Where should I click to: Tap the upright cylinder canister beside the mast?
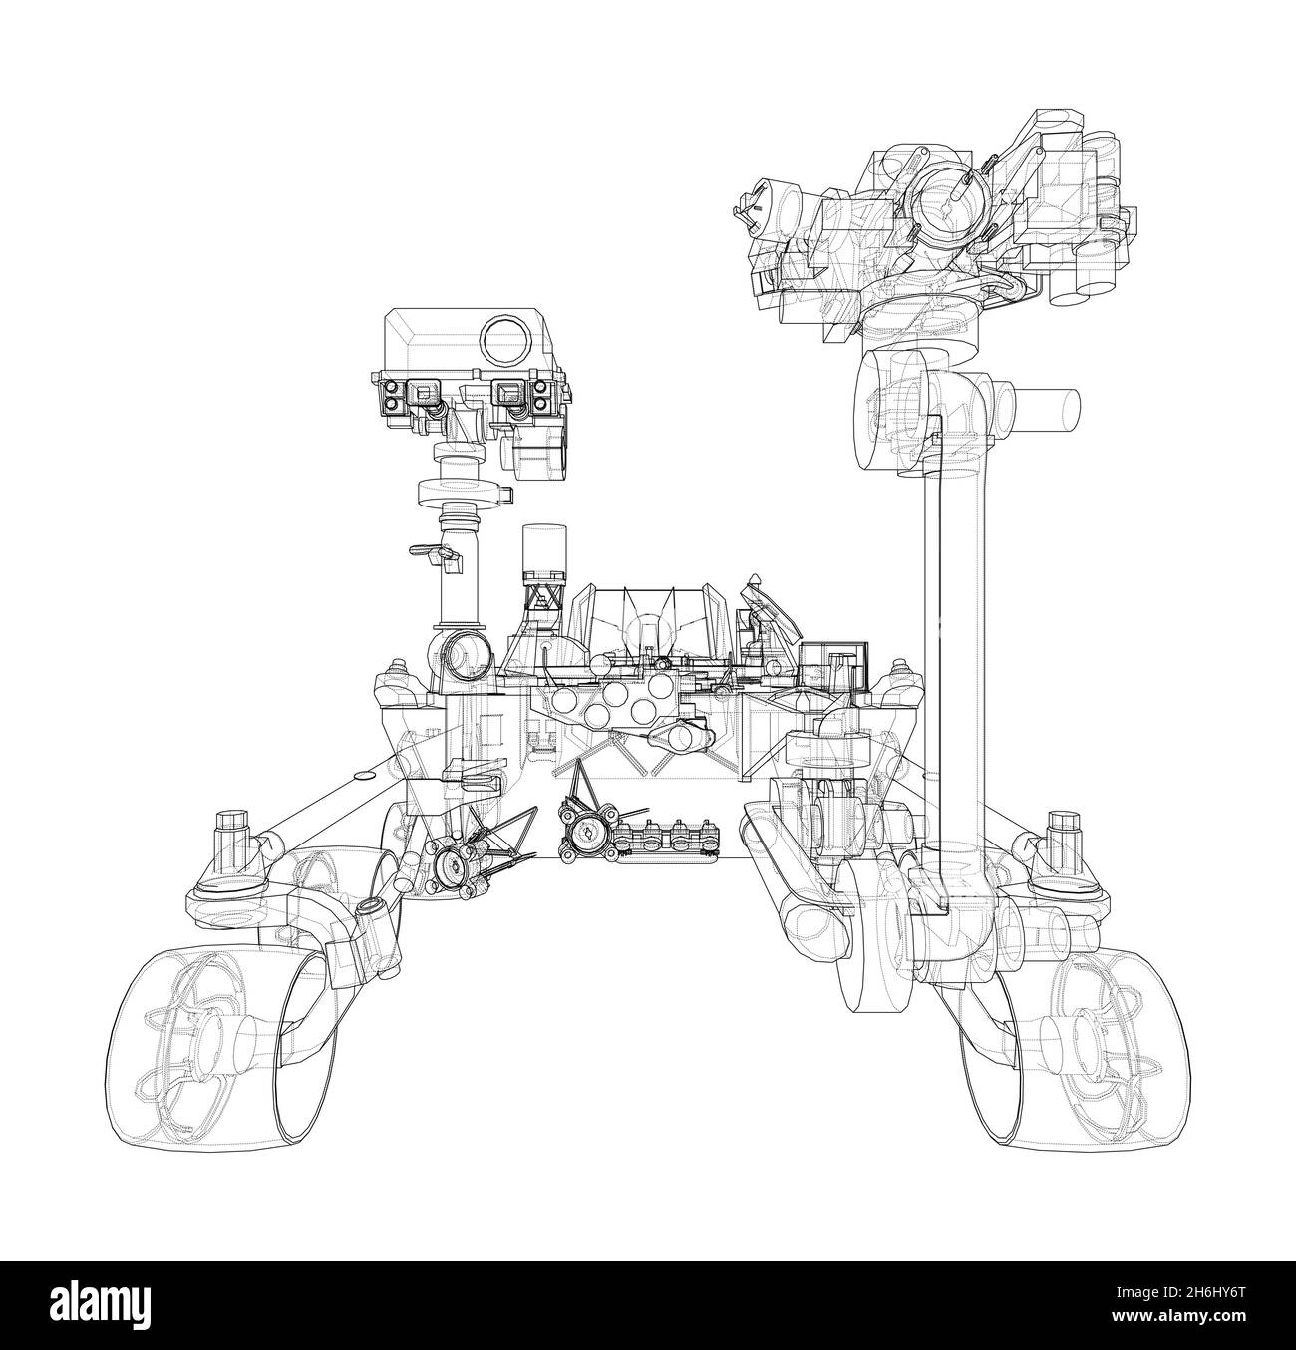click(544, 553)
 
